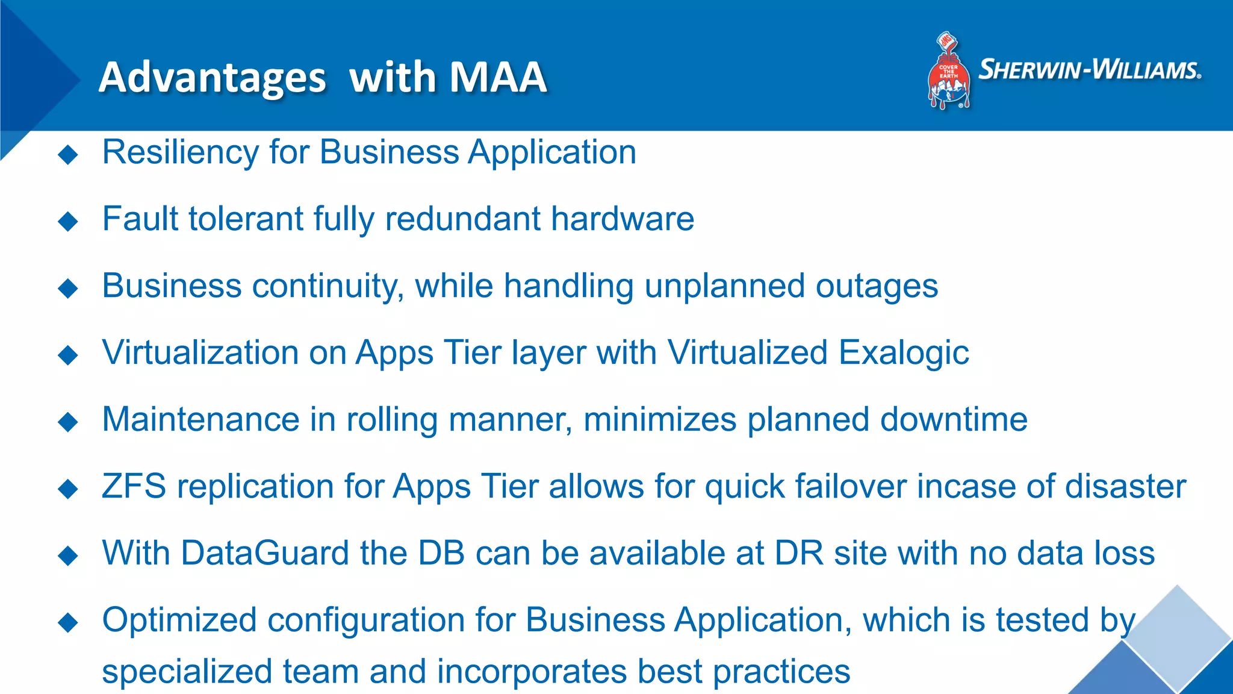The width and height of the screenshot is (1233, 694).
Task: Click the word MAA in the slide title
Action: tap(497, 77)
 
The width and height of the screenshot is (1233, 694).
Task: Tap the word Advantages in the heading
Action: tap(213, 78)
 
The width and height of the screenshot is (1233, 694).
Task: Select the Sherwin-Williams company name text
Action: tap(1090, 70)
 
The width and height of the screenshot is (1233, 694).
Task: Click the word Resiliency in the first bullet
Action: tap(180, 152)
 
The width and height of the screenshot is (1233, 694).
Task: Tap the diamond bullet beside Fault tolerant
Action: tap(68, 221)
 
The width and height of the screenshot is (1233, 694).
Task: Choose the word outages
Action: tap(877, 286)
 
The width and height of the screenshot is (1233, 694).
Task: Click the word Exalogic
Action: tap(904, 352)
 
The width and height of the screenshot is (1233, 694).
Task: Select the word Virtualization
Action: tap(200, 352)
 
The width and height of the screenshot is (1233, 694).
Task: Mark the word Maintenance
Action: tap(200, 419)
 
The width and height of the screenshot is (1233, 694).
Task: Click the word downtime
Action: tap(954, 419)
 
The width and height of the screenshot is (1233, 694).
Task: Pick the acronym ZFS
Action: tap(134, 486)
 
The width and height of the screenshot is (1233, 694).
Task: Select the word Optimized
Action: tap(179, 621)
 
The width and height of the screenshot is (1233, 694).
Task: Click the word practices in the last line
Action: tap(781, 672)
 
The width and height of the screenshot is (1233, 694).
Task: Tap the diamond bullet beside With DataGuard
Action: tap(68, 555)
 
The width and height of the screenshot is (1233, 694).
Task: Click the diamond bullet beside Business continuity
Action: tap(68, 288)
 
